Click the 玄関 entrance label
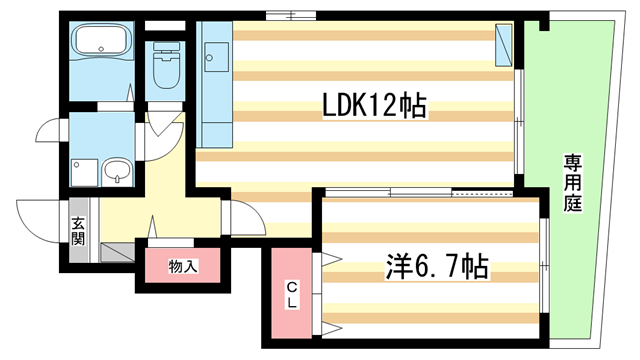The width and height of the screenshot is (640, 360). [78, 233]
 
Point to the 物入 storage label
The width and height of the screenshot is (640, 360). [183, 266]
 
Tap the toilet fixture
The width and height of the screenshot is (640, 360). [164, 68]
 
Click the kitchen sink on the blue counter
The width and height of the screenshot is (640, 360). [211, 57]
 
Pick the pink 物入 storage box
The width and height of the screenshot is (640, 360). [183, 267]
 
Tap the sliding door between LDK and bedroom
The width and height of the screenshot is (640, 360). [420, 191]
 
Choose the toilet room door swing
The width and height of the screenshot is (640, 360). [160, 121]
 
